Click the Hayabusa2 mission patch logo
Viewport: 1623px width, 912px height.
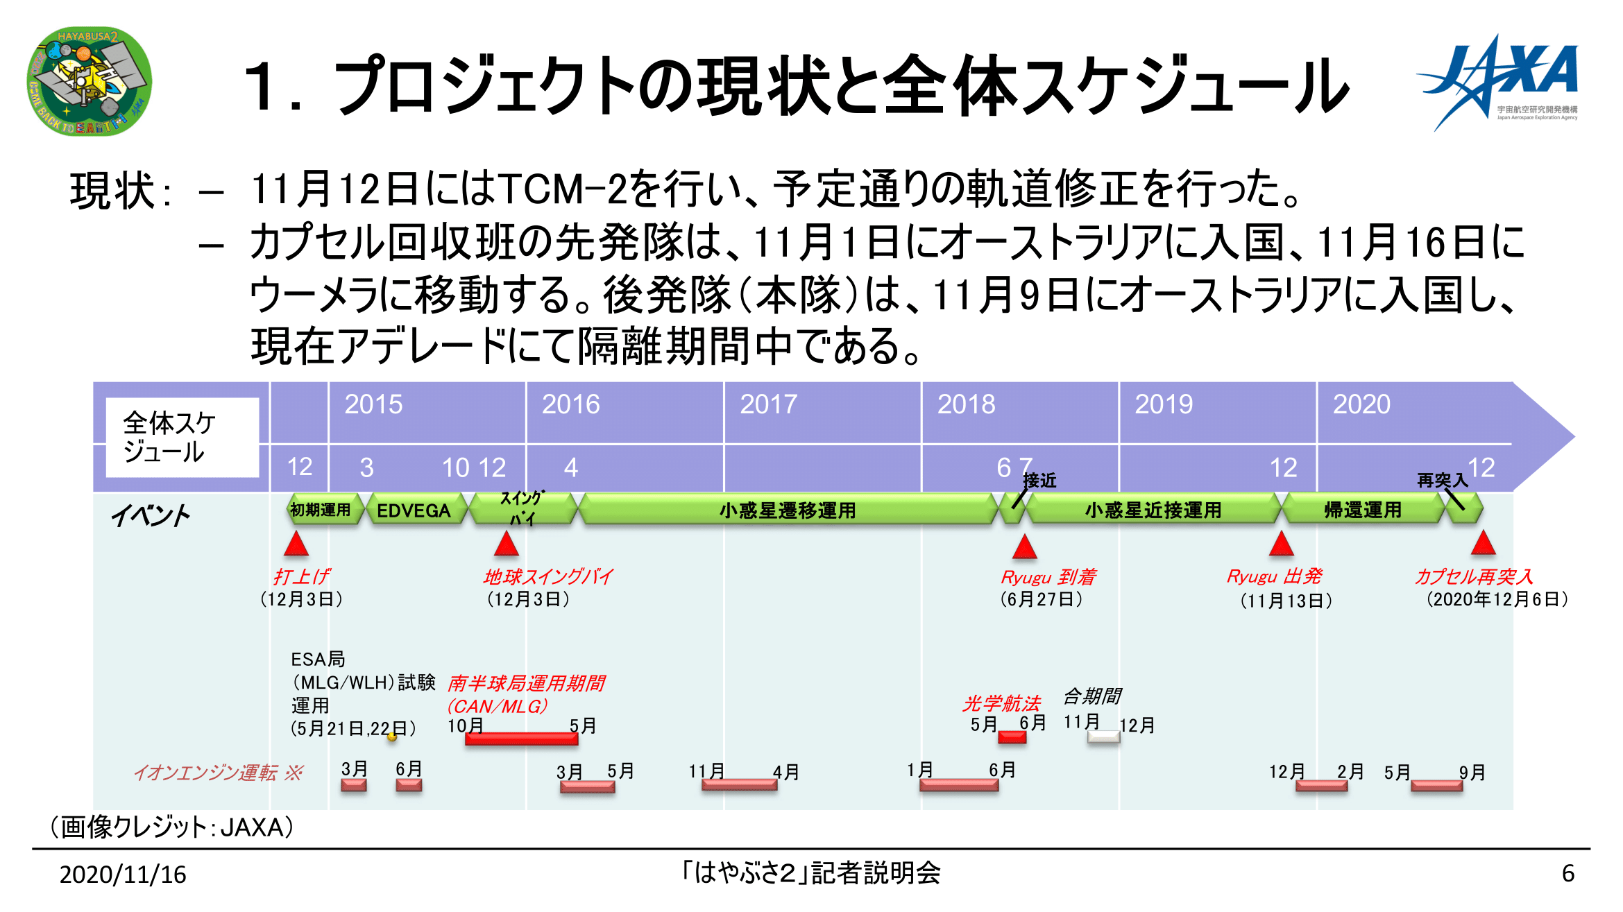pyautogui.click(x=89, y=81)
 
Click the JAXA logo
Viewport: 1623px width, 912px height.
pyautogui.click(x=1498, y=82)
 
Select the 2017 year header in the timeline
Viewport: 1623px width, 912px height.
pyautogui.click(x=768, y=404)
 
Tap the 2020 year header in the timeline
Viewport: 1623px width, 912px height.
pyautogui.click(x=1361, y=404)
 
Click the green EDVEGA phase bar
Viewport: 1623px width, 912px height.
pyautogui.click(x=414, y=510)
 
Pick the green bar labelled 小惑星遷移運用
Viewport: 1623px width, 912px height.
pyautogui.click(x=788, y=510)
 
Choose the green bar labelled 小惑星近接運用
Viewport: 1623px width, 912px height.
pyautogui.click(x=1153, y=510)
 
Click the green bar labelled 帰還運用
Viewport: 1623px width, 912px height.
pyautogui.click(x=1363, y=510)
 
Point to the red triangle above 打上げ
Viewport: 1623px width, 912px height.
pyautogui.click(x=296, y=544)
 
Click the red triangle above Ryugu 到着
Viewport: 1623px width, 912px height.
pyautogui.click(x=1024, y=547)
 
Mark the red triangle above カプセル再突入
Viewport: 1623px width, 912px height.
pyautogui.click(x=1483, y=543)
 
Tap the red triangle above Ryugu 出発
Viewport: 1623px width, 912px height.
pyautogui.click(x=1281, y=544)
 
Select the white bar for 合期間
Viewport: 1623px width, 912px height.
pyautogui.click(x=1103, y=737)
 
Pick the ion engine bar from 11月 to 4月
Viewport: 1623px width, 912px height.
pyautogui.click(x=739, y=785)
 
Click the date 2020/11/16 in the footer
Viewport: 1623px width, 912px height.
pyautogui.click(x=123, y=875)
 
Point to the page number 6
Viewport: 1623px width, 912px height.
pyautogui.click(x=1567, y=873)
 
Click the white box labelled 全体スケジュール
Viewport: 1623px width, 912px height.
pyautogui.click(x=182, y=437)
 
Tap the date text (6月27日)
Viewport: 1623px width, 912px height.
pyautogui.click(x=1041, y=599)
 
